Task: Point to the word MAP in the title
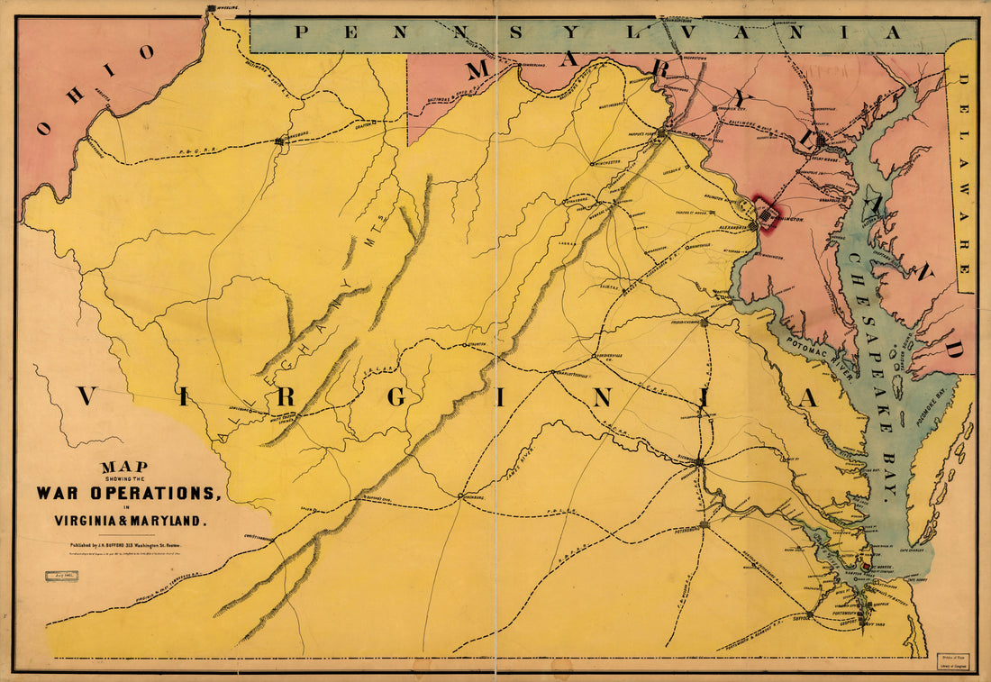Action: (124, 467)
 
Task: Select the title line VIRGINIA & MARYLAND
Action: (132, 520)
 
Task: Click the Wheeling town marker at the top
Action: (211, 9)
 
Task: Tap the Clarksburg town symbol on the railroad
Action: (280, 141)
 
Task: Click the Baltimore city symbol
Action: (821, 141)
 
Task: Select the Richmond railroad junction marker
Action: (699, 462)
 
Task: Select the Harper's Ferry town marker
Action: (662, 135)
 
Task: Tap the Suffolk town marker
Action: (810, 614)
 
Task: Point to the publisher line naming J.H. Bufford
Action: (132, 545)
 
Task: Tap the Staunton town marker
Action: (465, 345)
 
